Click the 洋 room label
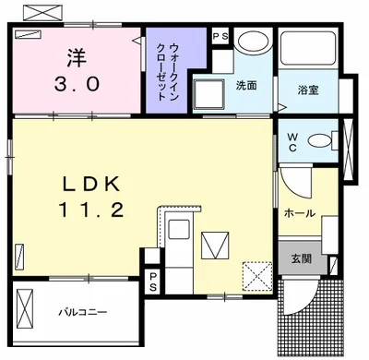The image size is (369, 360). click(x=76, y=58)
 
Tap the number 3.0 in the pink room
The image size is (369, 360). click(x=76, y=86)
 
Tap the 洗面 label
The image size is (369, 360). click(x=246, y=87)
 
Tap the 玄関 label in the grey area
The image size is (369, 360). click(x=301, y=258)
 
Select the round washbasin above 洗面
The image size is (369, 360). click(x=248, y=42)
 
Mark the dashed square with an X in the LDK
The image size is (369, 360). click(x=255, y=275)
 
